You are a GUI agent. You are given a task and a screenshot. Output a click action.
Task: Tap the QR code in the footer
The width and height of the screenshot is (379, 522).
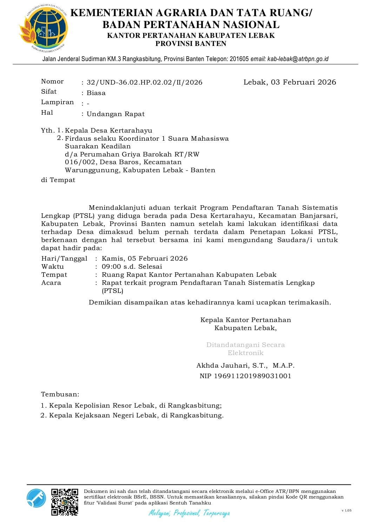coord(65,502)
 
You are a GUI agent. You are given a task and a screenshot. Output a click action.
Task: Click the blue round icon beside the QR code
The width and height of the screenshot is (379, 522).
coord(36,498)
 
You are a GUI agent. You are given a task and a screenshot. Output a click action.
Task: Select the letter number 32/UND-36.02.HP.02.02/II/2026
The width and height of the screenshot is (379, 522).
coord(145,82)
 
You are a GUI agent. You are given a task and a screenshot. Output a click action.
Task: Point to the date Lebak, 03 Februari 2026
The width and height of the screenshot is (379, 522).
coord(290,82)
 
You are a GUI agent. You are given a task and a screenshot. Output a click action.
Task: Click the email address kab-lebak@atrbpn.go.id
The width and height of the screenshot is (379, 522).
coord(298,59)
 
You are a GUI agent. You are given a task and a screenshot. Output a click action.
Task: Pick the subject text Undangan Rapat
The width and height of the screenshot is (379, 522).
coord(115,114)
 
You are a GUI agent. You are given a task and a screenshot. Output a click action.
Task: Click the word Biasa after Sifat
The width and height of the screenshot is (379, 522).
coord(96,93)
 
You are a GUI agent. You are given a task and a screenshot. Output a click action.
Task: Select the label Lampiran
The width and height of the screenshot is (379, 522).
coord(57,102)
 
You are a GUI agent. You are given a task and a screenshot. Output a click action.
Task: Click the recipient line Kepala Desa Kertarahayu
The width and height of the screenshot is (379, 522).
coord(108,130)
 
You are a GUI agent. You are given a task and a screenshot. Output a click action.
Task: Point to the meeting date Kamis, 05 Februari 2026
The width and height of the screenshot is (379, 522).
coord(145,259)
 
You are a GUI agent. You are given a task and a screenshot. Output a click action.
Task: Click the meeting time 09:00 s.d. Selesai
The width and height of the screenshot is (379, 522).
coord(132,267)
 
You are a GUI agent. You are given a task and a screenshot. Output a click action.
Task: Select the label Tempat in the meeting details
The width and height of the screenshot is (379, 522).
coord(54,275)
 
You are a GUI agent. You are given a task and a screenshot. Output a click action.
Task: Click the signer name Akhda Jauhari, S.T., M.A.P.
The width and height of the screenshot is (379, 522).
coord(245,366)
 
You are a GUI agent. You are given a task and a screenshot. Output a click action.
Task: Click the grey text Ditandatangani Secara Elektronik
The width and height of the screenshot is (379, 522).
coord(245,349)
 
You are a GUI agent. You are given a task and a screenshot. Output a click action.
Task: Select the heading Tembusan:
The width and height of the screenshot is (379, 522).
coord(60,394)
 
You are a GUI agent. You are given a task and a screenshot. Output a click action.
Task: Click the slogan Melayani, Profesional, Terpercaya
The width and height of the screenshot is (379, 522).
coord(189,513)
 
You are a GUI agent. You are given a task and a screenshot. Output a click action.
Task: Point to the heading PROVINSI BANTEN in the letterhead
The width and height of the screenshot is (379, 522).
coord(191,44)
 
